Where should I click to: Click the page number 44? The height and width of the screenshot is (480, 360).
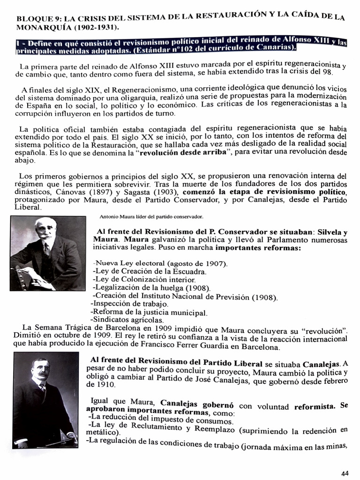[x=345, y=473]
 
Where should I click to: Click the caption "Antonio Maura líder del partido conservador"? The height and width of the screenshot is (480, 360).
[x=151, y=217]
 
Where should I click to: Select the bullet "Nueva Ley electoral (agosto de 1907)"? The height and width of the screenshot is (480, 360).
[x=161, y=263]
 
